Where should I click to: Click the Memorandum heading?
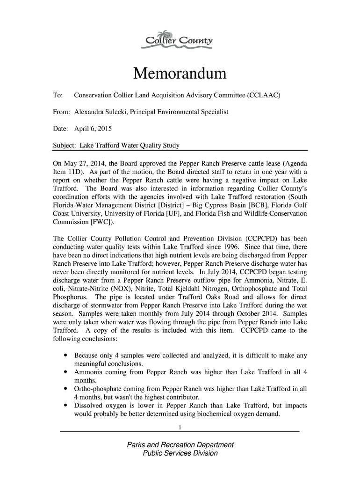(x=180, y=74)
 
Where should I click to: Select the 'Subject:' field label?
(x=65, y=145)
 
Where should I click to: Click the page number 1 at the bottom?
(x=180, y=427)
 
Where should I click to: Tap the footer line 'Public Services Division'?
(x=180, y=453)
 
